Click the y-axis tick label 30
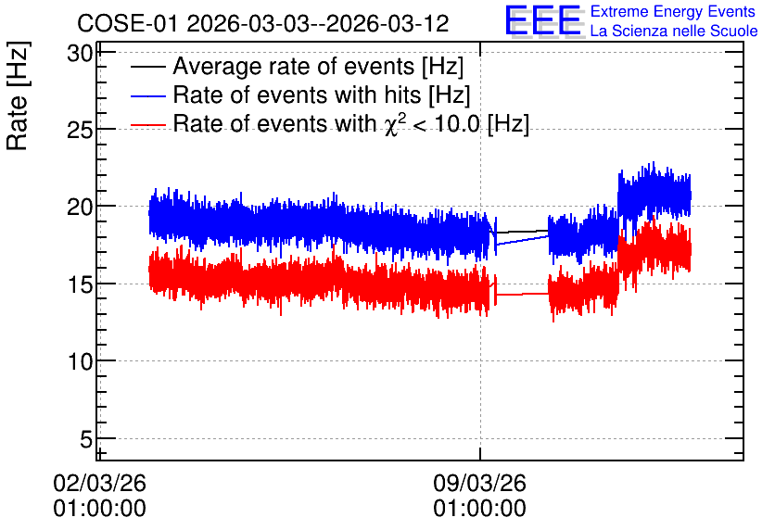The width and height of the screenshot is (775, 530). point(80,54)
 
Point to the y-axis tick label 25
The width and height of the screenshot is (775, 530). point(80,131)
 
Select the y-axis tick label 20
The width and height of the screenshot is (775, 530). point(80,207)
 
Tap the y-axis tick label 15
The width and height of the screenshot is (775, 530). point(80,284)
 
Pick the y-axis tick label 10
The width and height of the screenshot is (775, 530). point(80,362)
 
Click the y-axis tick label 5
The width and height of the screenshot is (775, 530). point(86,439)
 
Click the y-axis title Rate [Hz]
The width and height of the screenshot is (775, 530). point(18,95)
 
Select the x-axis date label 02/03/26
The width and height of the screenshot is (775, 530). point(100,483)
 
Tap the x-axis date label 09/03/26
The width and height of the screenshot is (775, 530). point(480,483)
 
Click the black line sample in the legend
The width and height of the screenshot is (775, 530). point(147,67)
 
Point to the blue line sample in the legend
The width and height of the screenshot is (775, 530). point(147,95)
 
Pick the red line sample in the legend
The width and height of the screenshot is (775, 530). point(147,125)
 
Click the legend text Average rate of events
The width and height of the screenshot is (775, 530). point(294,67)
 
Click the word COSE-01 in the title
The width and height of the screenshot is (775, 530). point(127,24)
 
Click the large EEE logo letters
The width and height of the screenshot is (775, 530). point(543,20)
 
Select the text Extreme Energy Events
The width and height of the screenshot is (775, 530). point(673,11)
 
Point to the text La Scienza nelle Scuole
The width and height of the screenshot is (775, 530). point(674,32)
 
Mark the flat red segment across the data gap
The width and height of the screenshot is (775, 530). point(523,294)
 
